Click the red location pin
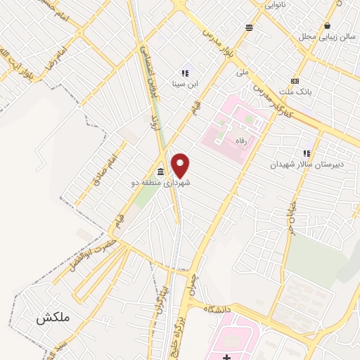(181, 166)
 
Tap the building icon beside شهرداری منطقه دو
(161, 172)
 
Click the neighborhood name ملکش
(53, 318)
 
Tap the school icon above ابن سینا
(185, 72)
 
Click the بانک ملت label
(295, 91)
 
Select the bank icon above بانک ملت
(295, 81)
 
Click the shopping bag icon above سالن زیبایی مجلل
(327, 26)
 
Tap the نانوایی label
(276, 5)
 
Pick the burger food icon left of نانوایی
(249, 27)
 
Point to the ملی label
(243, 72)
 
